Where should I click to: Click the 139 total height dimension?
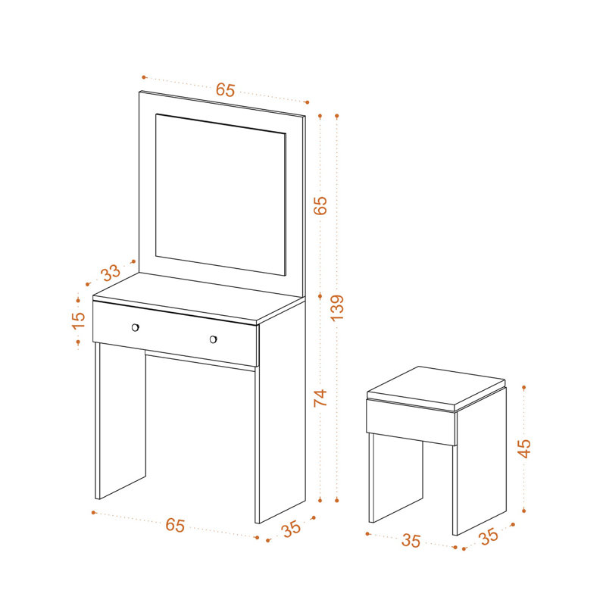tap(337, 308)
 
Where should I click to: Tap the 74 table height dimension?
tap(320, 398)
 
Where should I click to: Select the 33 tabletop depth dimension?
tap(111, 273)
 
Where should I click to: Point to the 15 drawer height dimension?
tap(79, 320)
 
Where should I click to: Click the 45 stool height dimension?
tap(524, 448)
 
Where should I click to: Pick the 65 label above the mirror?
tap(225, 89)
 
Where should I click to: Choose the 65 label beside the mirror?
tap(320, 205)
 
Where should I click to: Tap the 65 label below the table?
tap(175, 525)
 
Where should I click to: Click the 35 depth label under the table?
tap(292, 529)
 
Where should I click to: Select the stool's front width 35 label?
tap(411, 541)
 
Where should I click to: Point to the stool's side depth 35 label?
tap(489, 536)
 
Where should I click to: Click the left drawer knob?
tap(136, 328)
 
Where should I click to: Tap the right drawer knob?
tap(213, 339)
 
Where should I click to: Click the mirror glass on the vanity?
tap(220, 195)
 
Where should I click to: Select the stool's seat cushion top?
tap(436, 386)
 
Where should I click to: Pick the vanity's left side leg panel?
tap(120, 421)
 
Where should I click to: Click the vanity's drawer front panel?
tap(175, 333)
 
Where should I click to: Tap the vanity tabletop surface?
tap(198, 298)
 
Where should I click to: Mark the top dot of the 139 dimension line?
tap(337, 116)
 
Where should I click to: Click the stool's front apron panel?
tap(411, 422)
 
